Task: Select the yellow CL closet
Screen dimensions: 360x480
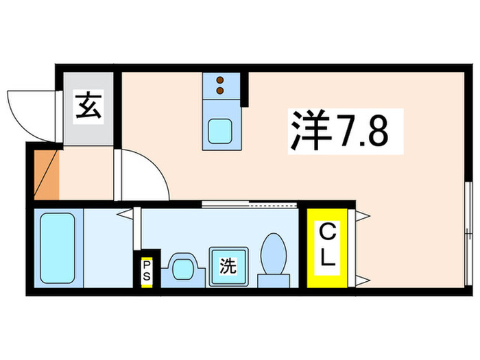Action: (326, 248)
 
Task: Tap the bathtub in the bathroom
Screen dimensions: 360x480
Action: (57, 248)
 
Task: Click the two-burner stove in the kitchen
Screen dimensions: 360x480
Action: (220, 86)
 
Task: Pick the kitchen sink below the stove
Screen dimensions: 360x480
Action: (220, 129)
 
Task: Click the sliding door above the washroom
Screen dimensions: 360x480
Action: (250, 203)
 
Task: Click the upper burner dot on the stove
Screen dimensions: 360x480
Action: (220, 80)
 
